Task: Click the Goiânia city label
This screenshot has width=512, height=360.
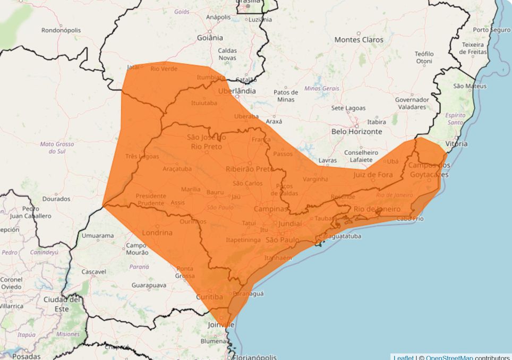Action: click(x=210, y=38)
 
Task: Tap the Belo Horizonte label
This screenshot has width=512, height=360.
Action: click(x=356, y=131)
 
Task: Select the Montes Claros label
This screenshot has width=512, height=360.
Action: click(x=359, y=40)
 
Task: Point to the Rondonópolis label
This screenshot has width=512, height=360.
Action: click(x=61, y=30)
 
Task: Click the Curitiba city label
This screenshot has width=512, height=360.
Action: click(x=210, y=297)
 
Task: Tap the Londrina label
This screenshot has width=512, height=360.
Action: click(x=158, y=233)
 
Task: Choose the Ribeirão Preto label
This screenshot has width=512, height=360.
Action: click(x=249, y=169)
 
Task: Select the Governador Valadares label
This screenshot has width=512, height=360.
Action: click(x=412, y=103)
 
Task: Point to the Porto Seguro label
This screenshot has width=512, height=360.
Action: click(x=492, y=30)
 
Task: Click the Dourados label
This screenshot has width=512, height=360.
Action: click(x=56, y=199)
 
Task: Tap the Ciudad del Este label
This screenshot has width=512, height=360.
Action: click(x=63, y=304)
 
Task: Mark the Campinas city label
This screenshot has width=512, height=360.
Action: click(x=270, y=209)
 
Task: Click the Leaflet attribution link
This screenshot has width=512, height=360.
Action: click(x=403, y=357)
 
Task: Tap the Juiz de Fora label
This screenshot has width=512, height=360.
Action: click(x=373, y=174)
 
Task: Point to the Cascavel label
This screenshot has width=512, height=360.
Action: click(x=94, y=271)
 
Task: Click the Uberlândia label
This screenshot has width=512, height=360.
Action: click(x=237, y=91)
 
